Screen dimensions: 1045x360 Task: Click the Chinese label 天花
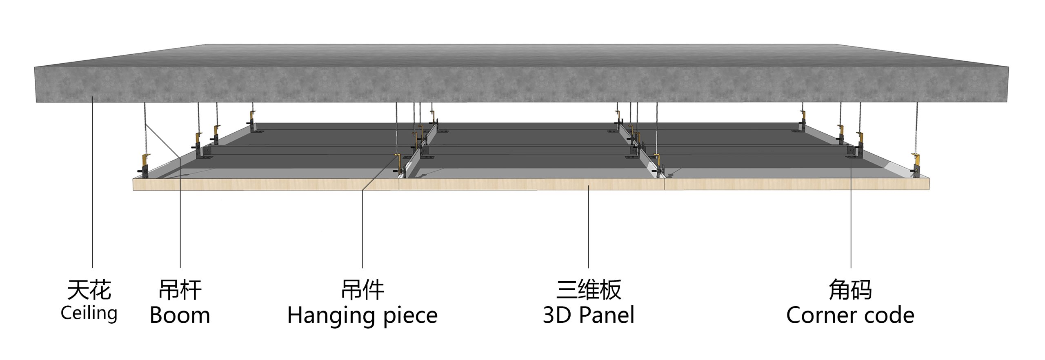point(89,290)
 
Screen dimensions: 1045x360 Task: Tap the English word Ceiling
point(89,313)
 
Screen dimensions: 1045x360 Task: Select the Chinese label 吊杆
point(180,290)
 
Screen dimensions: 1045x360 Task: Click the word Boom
point(180,316)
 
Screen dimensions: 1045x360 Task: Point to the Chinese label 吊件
point(362,290)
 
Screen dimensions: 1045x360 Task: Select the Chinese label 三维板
point(589,290)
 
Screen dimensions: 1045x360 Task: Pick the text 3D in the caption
point(557,316)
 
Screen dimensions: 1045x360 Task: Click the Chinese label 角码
point(850,290)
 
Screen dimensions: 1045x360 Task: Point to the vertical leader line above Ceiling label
point(93,182)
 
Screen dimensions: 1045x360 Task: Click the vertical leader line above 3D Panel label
point(588,226)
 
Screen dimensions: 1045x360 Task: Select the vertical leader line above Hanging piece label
point(362,228)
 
